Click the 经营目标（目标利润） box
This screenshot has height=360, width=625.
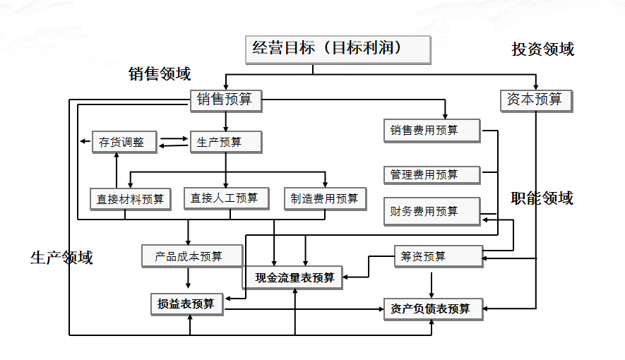pos(337,49)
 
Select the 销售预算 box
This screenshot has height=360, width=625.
pos(225,100)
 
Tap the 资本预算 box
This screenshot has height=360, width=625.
pos(535,100)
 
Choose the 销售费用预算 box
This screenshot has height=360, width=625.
pos(431,131)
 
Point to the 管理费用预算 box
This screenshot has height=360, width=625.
pos(431,174)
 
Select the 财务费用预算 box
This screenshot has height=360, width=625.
pos(431,211)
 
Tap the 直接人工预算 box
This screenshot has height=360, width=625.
pos(225,198)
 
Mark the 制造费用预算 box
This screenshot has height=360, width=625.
pos(325,198)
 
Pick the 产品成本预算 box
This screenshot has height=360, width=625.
pos(191,256)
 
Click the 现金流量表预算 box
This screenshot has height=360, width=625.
pos(294,277)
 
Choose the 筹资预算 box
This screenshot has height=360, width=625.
pos(437,256)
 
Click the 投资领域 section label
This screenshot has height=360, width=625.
pos(542,49)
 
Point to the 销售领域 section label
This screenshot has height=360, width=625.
pos(160,74)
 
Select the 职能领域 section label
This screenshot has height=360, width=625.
pos(542,198)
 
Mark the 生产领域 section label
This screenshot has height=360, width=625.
pos(61,258)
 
